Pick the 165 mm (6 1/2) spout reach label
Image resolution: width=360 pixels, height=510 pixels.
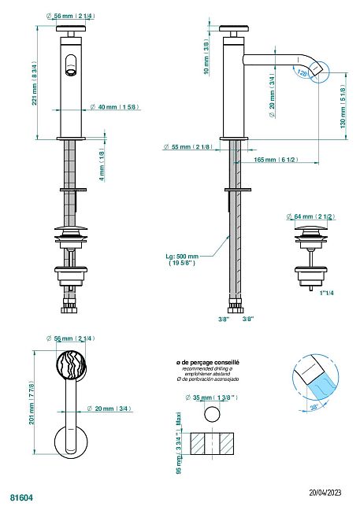tap(275, 160)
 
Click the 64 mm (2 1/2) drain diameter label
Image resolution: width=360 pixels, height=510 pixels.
tap(312, 216)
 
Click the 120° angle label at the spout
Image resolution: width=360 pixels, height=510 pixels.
tap(304, 72)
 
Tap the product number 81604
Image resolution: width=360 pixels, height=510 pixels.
tap(21, 497)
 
